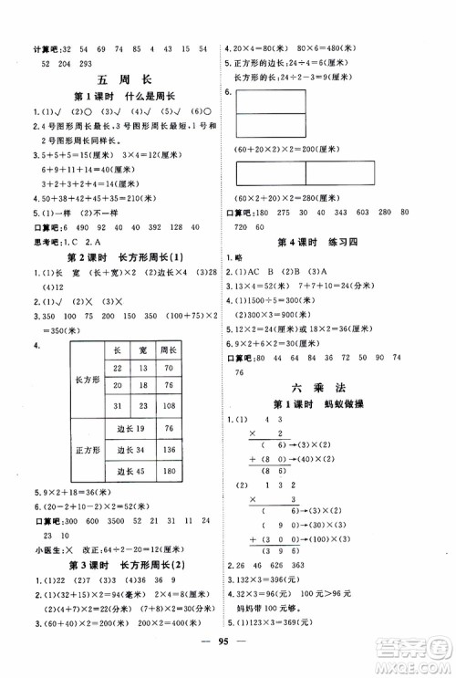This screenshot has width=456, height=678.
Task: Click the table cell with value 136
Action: coord(170,450)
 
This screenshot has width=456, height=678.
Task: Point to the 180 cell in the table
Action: coord(170,472)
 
